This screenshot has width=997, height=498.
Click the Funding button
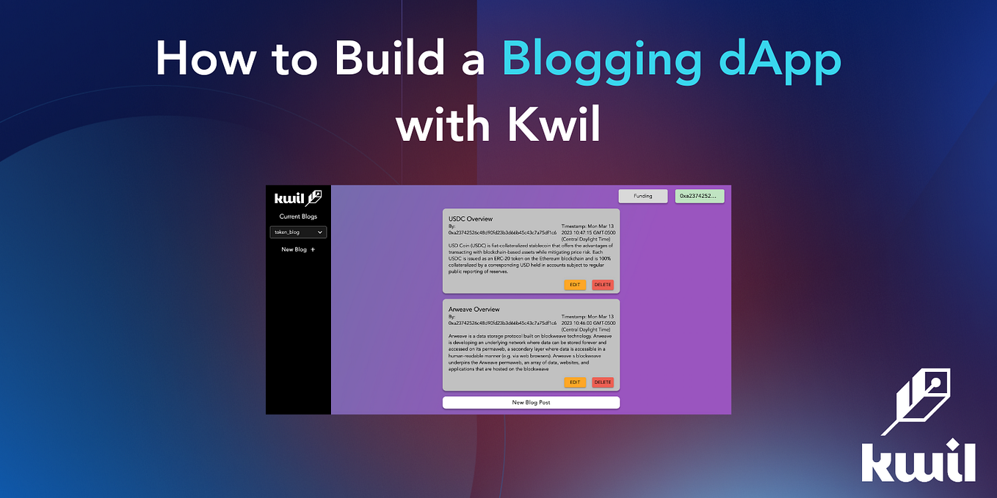click(x=643, y=196)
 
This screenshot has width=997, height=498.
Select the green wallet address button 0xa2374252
click(x=700, y=196)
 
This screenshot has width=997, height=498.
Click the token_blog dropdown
click(x=298, y=232)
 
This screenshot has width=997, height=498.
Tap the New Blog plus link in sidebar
click(x=298, y=249)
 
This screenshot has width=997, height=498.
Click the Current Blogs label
click(x=298, y=216)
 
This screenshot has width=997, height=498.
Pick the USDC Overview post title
click(x=471, y=219)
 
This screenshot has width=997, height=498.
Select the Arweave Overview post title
click(x=474, y=310)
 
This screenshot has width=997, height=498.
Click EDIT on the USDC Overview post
click(x=575, y=285)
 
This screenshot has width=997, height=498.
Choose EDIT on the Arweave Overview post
click(x=575, y=382)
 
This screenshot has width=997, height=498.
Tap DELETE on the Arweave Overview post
click(x=603, y=382)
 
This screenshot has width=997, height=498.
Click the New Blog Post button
click(x=531, y=403)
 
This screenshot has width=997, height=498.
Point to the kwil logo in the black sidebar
click(x=298, y=198)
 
